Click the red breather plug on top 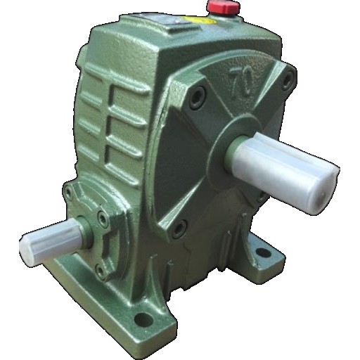(223, 7)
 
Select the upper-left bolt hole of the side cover (197, 97)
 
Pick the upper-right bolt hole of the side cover (288, 79)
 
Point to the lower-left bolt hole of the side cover (179, 229)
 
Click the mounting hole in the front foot (143, 319)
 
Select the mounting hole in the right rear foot (264, 252)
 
